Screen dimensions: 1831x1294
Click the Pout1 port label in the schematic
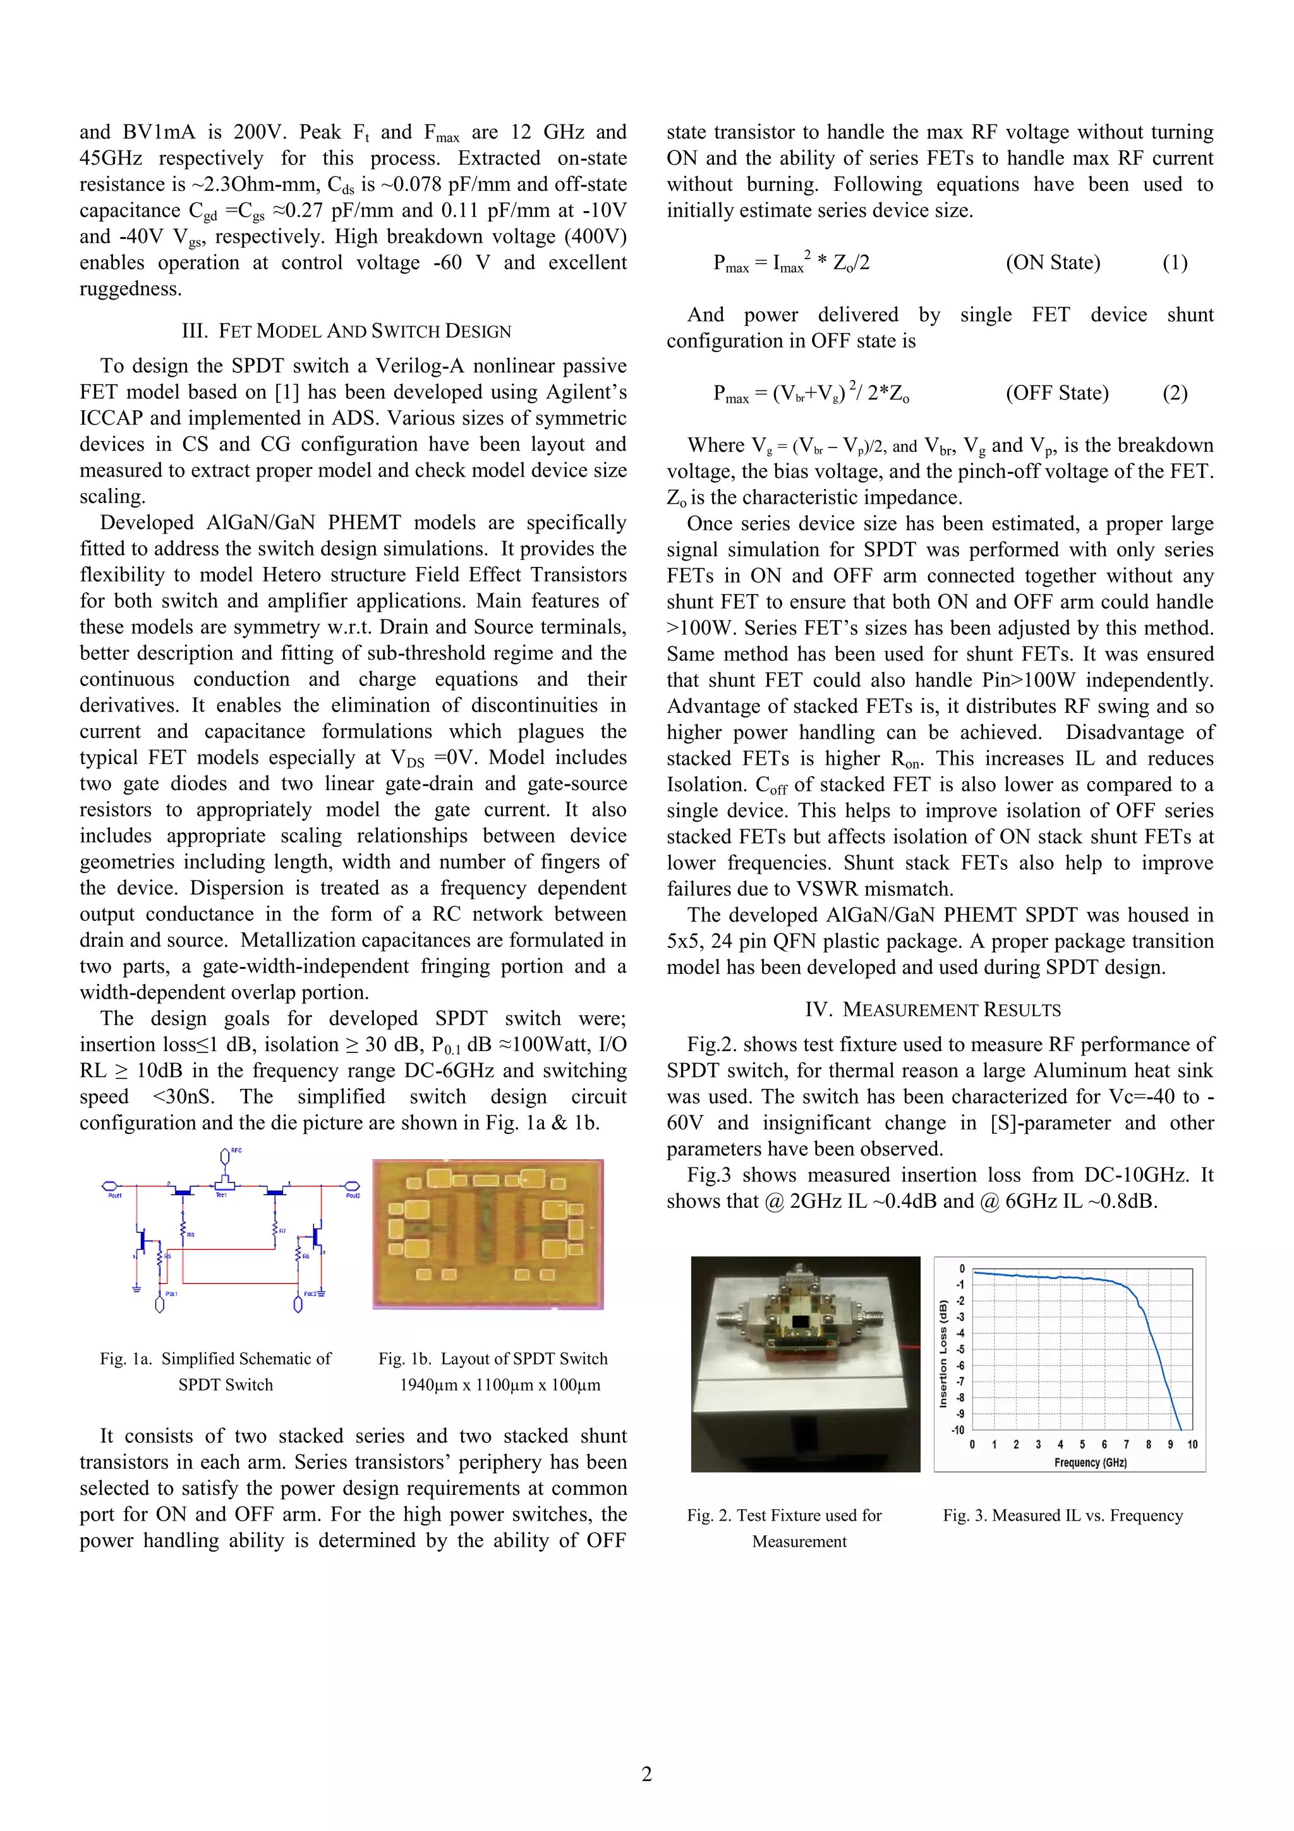pyautogui.click(x=115, y=1195)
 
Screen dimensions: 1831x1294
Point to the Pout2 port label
pyautogui.click(x=353, y=1195)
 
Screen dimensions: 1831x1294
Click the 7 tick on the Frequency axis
pyautogui.click(x=1126, y=1444)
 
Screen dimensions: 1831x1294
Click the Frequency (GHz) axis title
pyautogui.click(x=1090, y=1463)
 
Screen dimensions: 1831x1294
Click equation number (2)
pyautogui.click(x=1175, y=393)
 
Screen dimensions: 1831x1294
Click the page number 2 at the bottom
pyautogui.click(x=646, y=1773)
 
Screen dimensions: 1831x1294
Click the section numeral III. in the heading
pyautogui.click(x=195, y=331)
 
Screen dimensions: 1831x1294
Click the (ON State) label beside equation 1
pyautogui.click(x=1053, y=262)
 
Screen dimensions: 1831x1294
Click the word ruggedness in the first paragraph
pyautogui.click(x=130, y=289)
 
